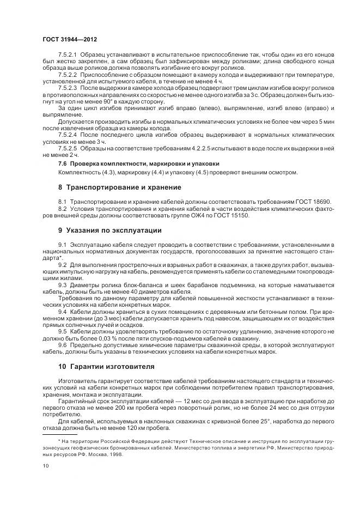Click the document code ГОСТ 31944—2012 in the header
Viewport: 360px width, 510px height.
tap(70, 39)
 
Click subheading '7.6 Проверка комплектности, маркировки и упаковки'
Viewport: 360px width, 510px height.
tap(138, 163)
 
